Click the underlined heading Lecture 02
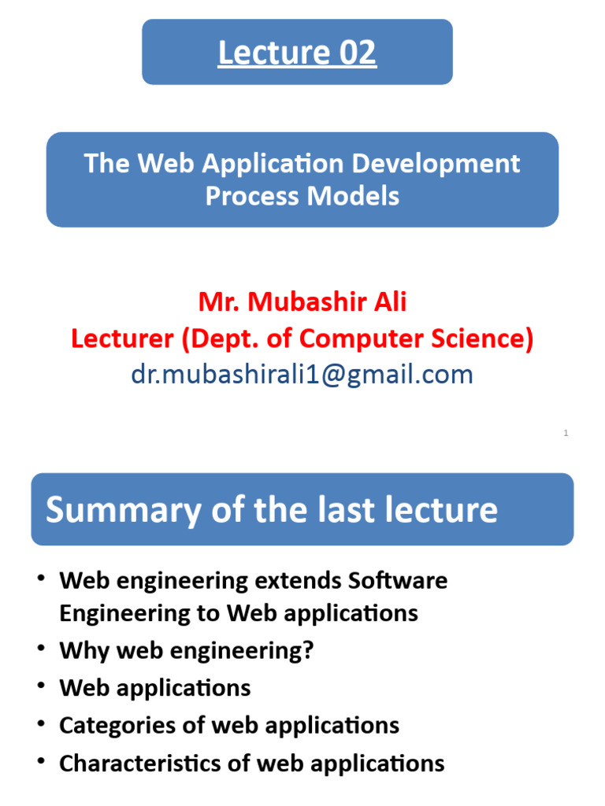pos(297,53)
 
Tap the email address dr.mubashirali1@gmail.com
pos(302,375)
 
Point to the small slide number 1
pos(566,433)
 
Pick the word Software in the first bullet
pos(397,581)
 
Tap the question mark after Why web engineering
pos(307,651)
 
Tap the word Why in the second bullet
pos(80,651)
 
